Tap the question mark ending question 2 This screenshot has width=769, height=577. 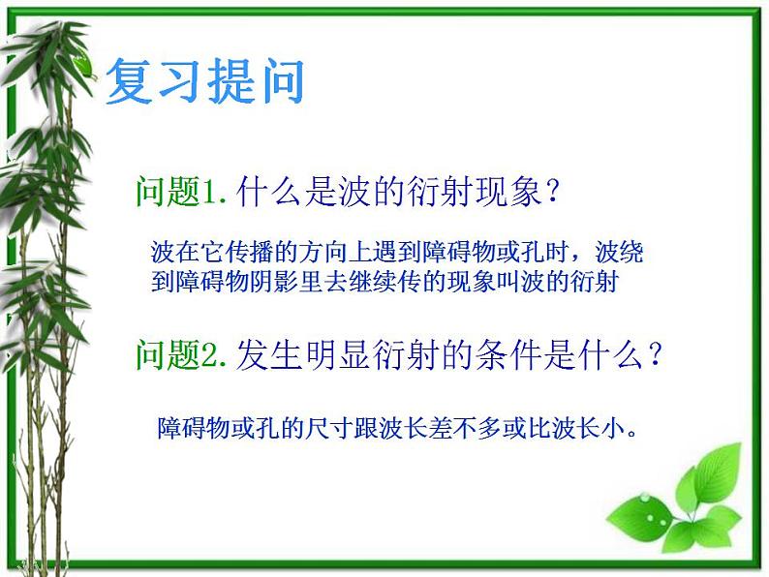point(656,355)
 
